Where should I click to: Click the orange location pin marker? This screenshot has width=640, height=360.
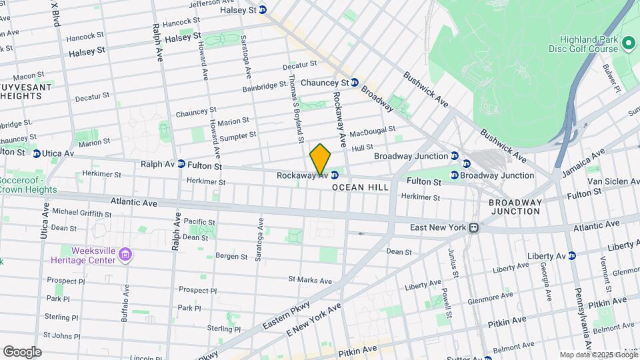pos(320,159)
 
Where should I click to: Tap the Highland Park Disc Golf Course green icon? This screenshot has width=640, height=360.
pos(628,43)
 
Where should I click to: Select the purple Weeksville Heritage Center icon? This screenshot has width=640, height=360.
pos(127,254)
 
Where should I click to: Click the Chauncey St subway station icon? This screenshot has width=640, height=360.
pos(355,83)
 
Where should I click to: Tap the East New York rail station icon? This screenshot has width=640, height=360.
pos(473,227)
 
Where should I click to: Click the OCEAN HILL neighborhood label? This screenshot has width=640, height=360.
pos(360,188)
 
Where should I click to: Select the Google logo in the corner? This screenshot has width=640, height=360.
pos(22,352)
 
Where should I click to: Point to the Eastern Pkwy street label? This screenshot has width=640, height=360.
pos(287,313)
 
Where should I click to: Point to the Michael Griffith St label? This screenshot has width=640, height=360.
pos(82,213)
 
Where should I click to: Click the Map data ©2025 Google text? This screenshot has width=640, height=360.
pos(597,355)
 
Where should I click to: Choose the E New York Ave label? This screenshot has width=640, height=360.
pos(314,319)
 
